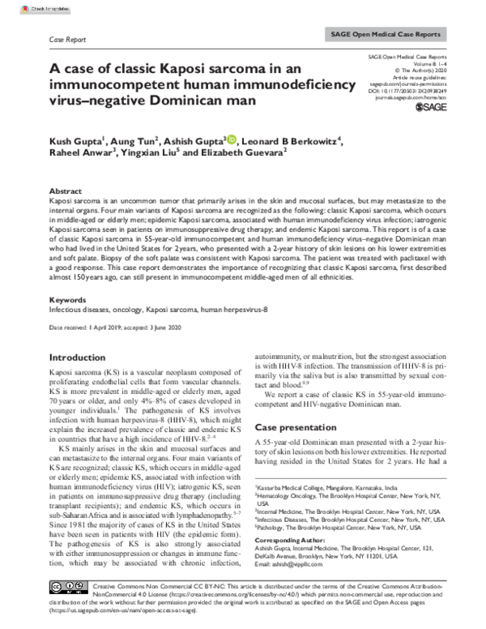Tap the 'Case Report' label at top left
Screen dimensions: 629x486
coord(68,38)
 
